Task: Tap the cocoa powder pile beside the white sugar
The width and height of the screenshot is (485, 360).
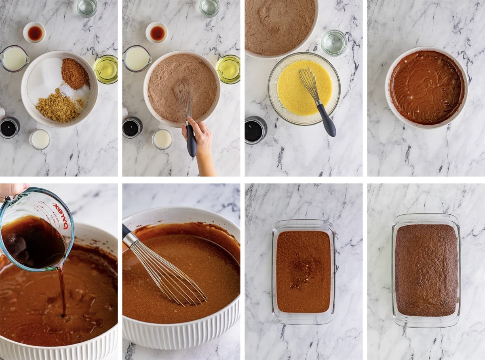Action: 75,73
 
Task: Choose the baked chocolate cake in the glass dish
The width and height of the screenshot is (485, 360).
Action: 426,270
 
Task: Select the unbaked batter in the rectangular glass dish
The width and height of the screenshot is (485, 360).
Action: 303,271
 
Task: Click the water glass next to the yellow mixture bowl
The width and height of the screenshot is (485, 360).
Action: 334,42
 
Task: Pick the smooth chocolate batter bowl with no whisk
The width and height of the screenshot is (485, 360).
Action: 426,87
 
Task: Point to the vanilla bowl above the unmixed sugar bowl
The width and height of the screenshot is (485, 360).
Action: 35,33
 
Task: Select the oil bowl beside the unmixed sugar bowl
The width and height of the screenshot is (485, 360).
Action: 106,69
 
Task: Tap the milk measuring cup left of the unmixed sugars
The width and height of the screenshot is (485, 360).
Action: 15,59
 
